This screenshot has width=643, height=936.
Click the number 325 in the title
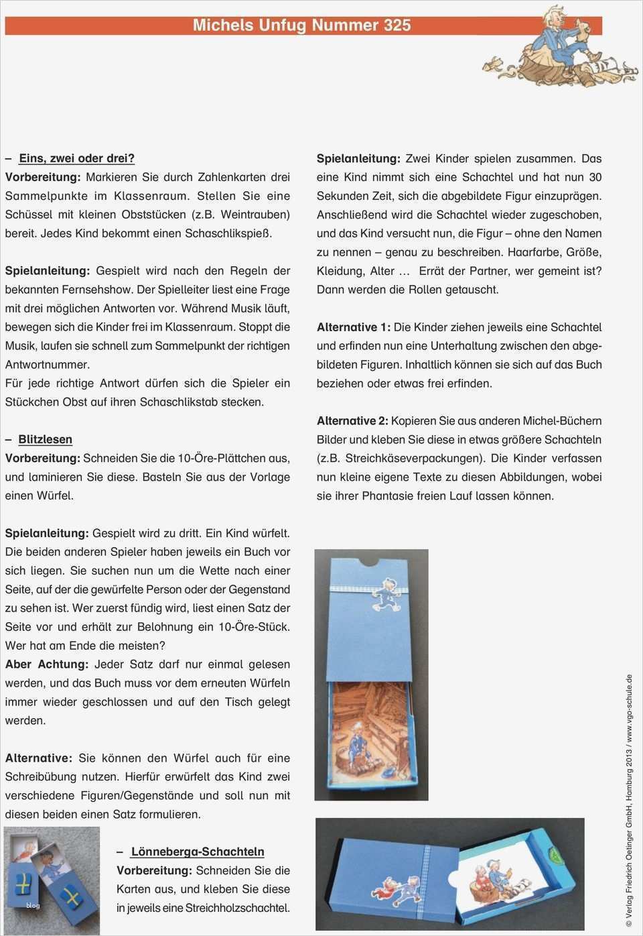click(397, 25)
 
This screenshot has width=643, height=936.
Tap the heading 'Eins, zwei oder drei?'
click(76, 158)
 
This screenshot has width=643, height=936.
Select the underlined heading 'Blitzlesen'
click(45, 439)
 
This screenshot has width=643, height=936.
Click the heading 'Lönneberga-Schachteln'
click(198, 852)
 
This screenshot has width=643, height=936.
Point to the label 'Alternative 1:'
click(353, 327)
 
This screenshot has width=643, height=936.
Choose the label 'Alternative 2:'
click(352, 421)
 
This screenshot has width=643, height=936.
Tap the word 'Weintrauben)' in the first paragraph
click(255, 215)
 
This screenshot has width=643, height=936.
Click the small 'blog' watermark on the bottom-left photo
click(33, 905)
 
